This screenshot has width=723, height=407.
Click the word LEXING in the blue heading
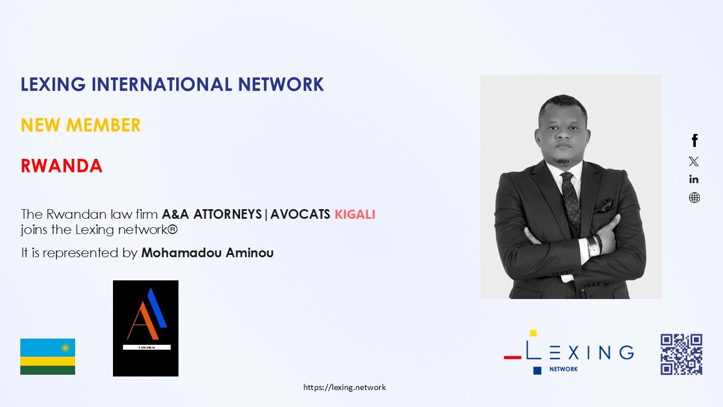point(53,84)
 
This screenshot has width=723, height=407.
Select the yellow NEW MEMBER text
point(81,125)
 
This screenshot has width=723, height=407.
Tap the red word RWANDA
point(62,166)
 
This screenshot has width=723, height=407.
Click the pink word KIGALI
point(355,214)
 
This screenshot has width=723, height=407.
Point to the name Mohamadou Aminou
point(207,253)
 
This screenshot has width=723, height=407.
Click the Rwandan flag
point(48,357)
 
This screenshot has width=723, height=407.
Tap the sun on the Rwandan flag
point(65,348)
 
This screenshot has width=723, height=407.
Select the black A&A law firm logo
point(146,328)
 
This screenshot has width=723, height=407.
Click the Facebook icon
point(695,141)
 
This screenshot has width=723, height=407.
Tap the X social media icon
point(694,161)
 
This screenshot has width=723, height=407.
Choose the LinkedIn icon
point(694,179)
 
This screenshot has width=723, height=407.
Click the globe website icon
point(694,197)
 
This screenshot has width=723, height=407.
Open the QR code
point(681,354)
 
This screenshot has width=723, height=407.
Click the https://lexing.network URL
point(345,387)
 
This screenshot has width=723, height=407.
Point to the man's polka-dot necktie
point(570,200)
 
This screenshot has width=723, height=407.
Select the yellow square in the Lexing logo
point(533,333)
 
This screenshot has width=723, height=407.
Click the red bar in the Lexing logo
point(512,357)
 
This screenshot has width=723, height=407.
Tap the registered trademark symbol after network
point(173,230)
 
